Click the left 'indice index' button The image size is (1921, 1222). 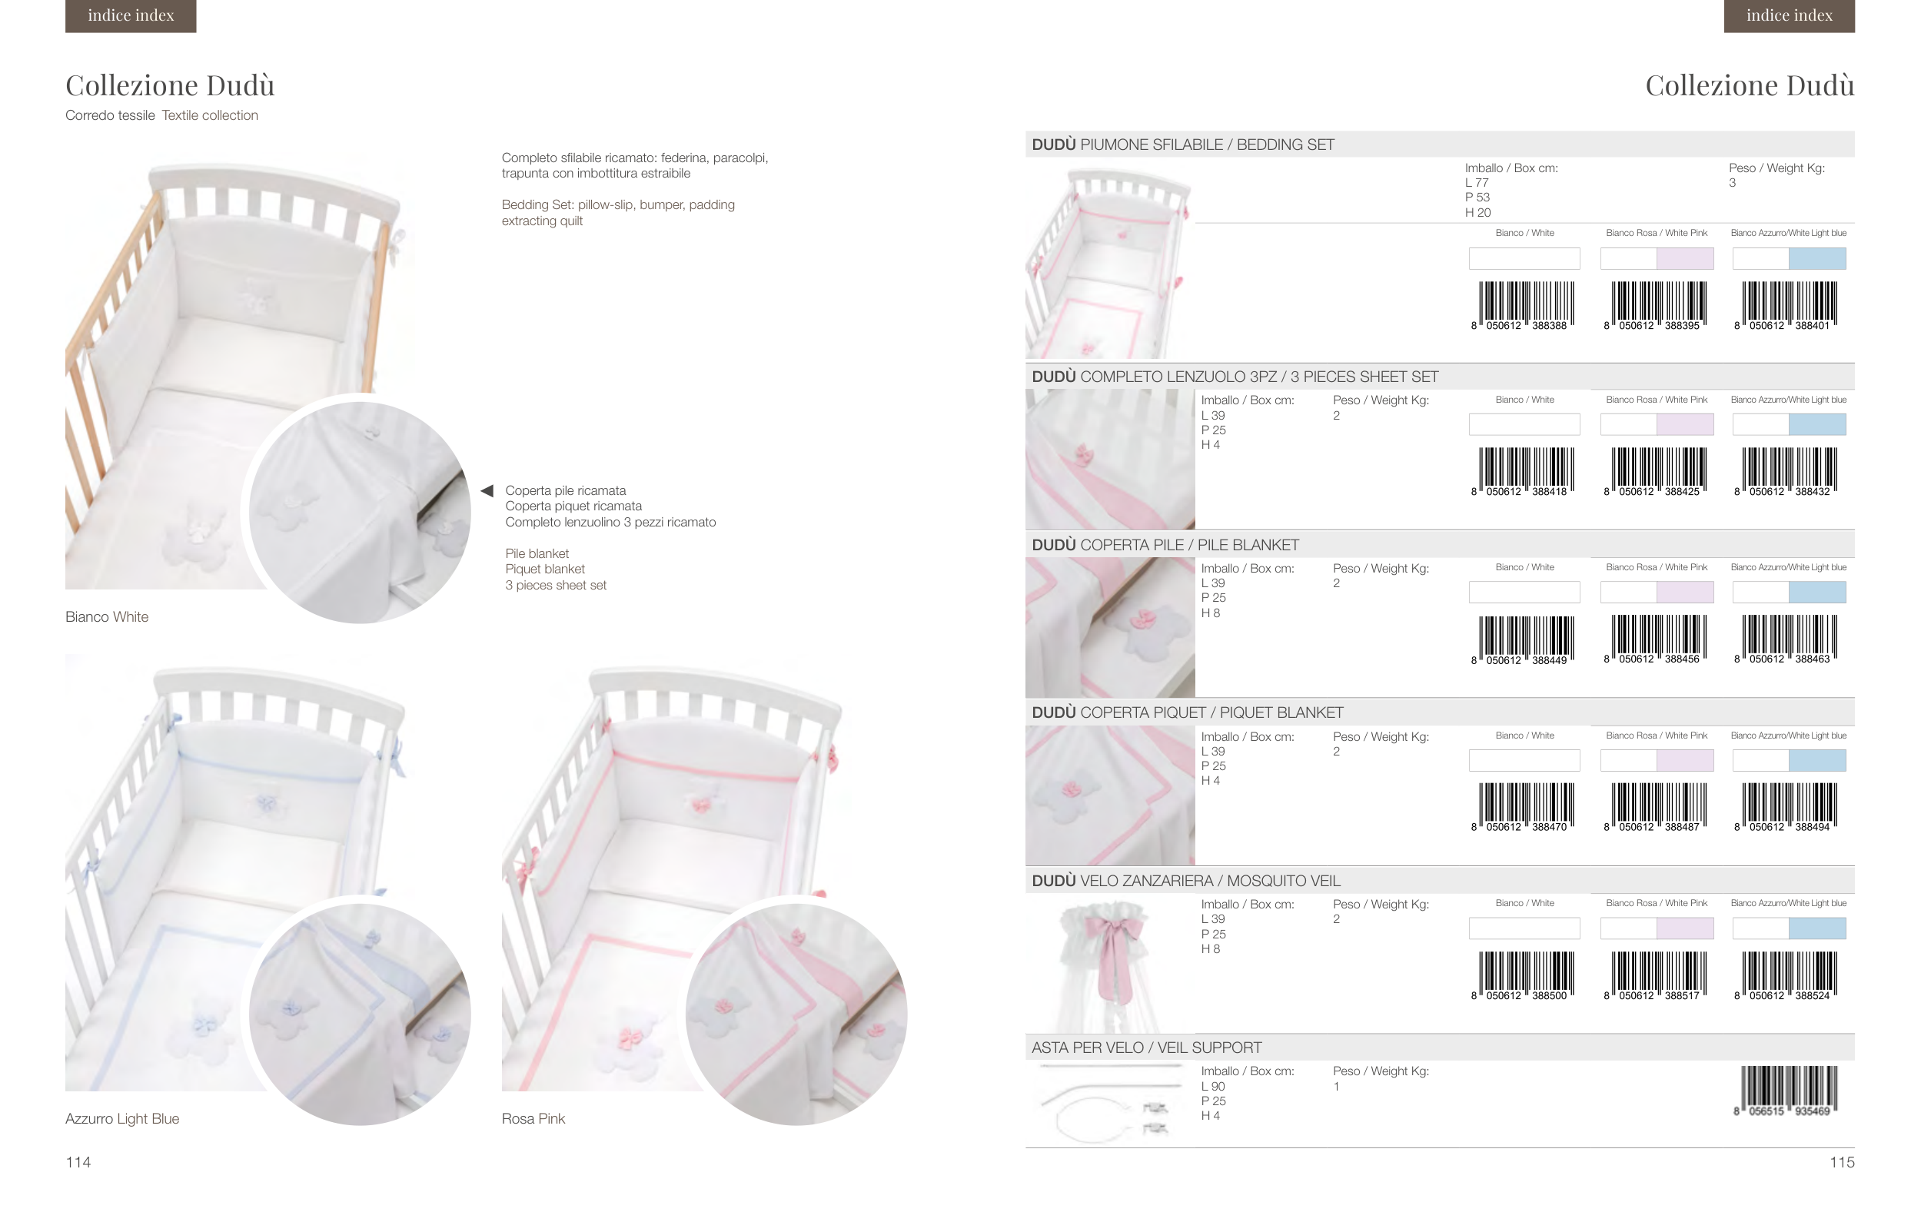pyautogui.click(x=131, y=15)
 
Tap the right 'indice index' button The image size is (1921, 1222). pyautogui.click(x=1789, y=15)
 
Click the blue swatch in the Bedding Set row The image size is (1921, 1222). pyautogui.click(x=1816, y=258)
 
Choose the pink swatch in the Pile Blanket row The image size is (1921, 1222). pyautogui.click(x=1685, y=592)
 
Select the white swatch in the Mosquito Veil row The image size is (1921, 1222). pyautogui.click(x=1524, y=928)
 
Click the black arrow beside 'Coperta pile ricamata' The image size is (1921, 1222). pyautogui.click(x=487, y=490)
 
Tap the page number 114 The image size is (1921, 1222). pyautogui.click(x=78, y=1162)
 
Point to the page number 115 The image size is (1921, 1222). pyautogui.click(x=1842, y=1162)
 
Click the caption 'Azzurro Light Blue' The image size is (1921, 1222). pyautogui.click(x=122, y=1118)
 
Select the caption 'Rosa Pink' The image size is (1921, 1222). pyautogui.click(x=533, y=1118)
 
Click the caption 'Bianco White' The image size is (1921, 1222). pyautogui.click(x=107, y=616)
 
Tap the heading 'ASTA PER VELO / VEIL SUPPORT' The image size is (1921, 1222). pyautogui.click(x=1146, y=1048)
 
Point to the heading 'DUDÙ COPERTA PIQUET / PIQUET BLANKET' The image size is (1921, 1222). pyautogui.click(x=1187, y=712)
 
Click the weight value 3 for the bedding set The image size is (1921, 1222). pyautogui.click(x=1732, y=183)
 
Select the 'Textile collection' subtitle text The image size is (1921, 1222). pyautogui.click(x=210, y=115)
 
